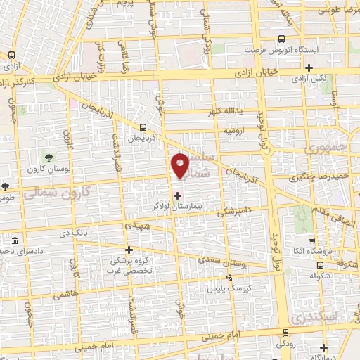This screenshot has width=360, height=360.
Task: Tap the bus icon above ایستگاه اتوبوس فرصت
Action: point(281,39)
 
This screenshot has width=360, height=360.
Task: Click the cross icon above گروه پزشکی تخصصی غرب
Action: point(128,250)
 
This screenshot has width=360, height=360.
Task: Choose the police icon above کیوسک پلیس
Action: point(229,276)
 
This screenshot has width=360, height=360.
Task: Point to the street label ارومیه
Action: point(234,131)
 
